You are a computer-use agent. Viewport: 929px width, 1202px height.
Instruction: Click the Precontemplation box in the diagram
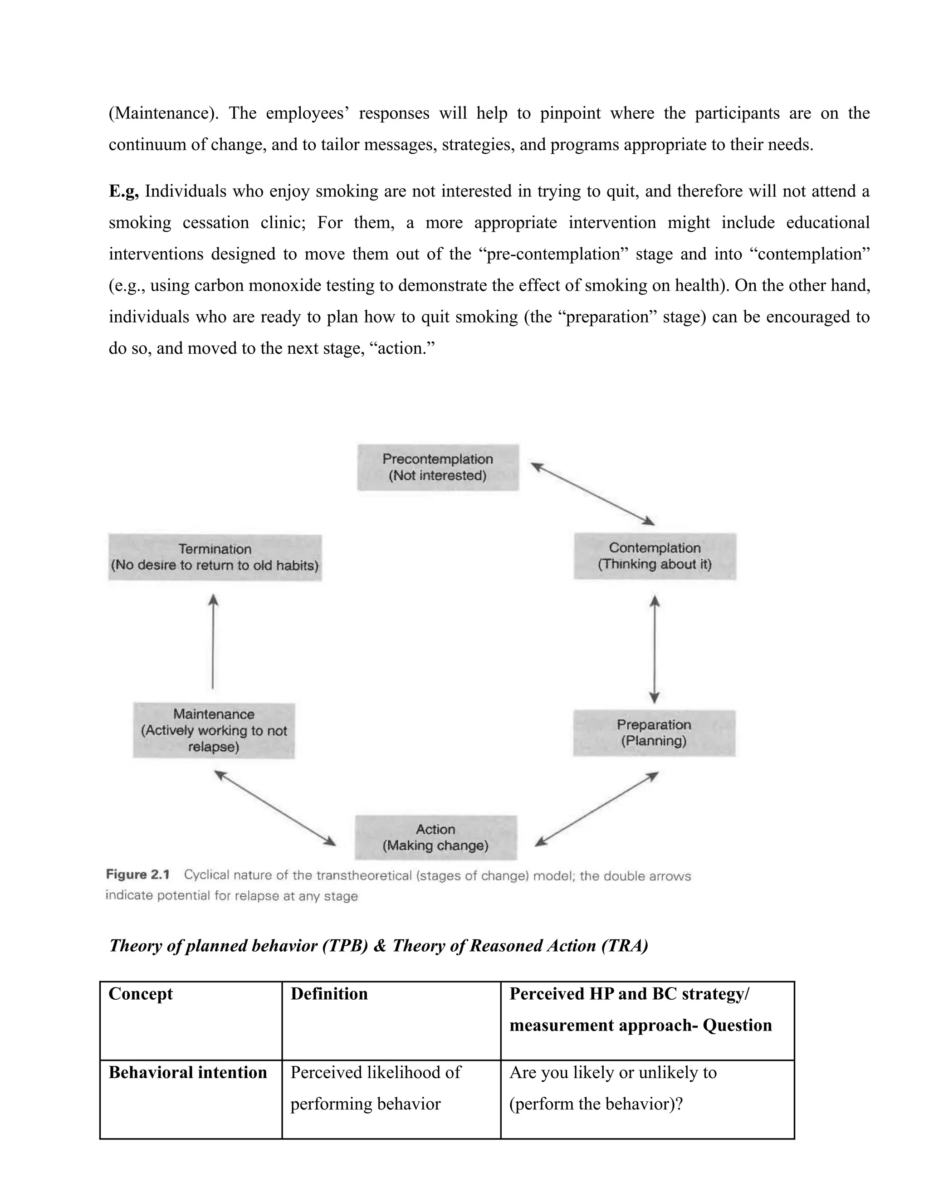pyautogui.click(x=438, y=467)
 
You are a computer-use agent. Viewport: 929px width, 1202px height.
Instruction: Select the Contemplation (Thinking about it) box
pyautogui.click(x=655, y=556)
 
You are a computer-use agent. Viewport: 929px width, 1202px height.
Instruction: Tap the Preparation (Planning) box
pyautogui.click(x=654, y=733)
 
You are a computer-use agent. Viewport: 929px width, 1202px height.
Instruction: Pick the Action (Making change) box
pyautogui.click(x=435, y=837)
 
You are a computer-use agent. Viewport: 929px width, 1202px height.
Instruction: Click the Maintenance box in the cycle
pyautogui.click(x=214, y=730)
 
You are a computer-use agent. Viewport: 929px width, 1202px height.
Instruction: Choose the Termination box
pyautogui.click(x=215, y=557)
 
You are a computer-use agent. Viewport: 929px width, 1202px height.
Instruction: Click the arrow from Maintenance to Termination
pyautogui.click(x=213, y=642)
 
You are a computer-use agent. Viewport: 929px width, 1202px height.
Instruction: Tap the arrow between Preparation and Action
pyautogui.click(x=597, y=808)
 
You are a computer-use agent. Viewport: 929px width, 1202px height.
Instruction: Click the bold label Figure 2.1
pyautogui.click(x=137, y=875)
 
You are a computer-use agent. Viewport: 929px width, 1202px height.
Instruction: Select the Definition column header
pyautogui.click(x=329, y=994)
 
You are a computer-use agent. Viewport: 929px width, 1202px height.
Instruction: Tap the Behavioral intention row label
pyautogui.click(x=188, y=1073)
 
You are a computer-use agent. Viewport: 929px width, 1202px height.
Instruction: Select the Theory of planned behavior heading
pyautogui.click(x=378, y=946)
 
